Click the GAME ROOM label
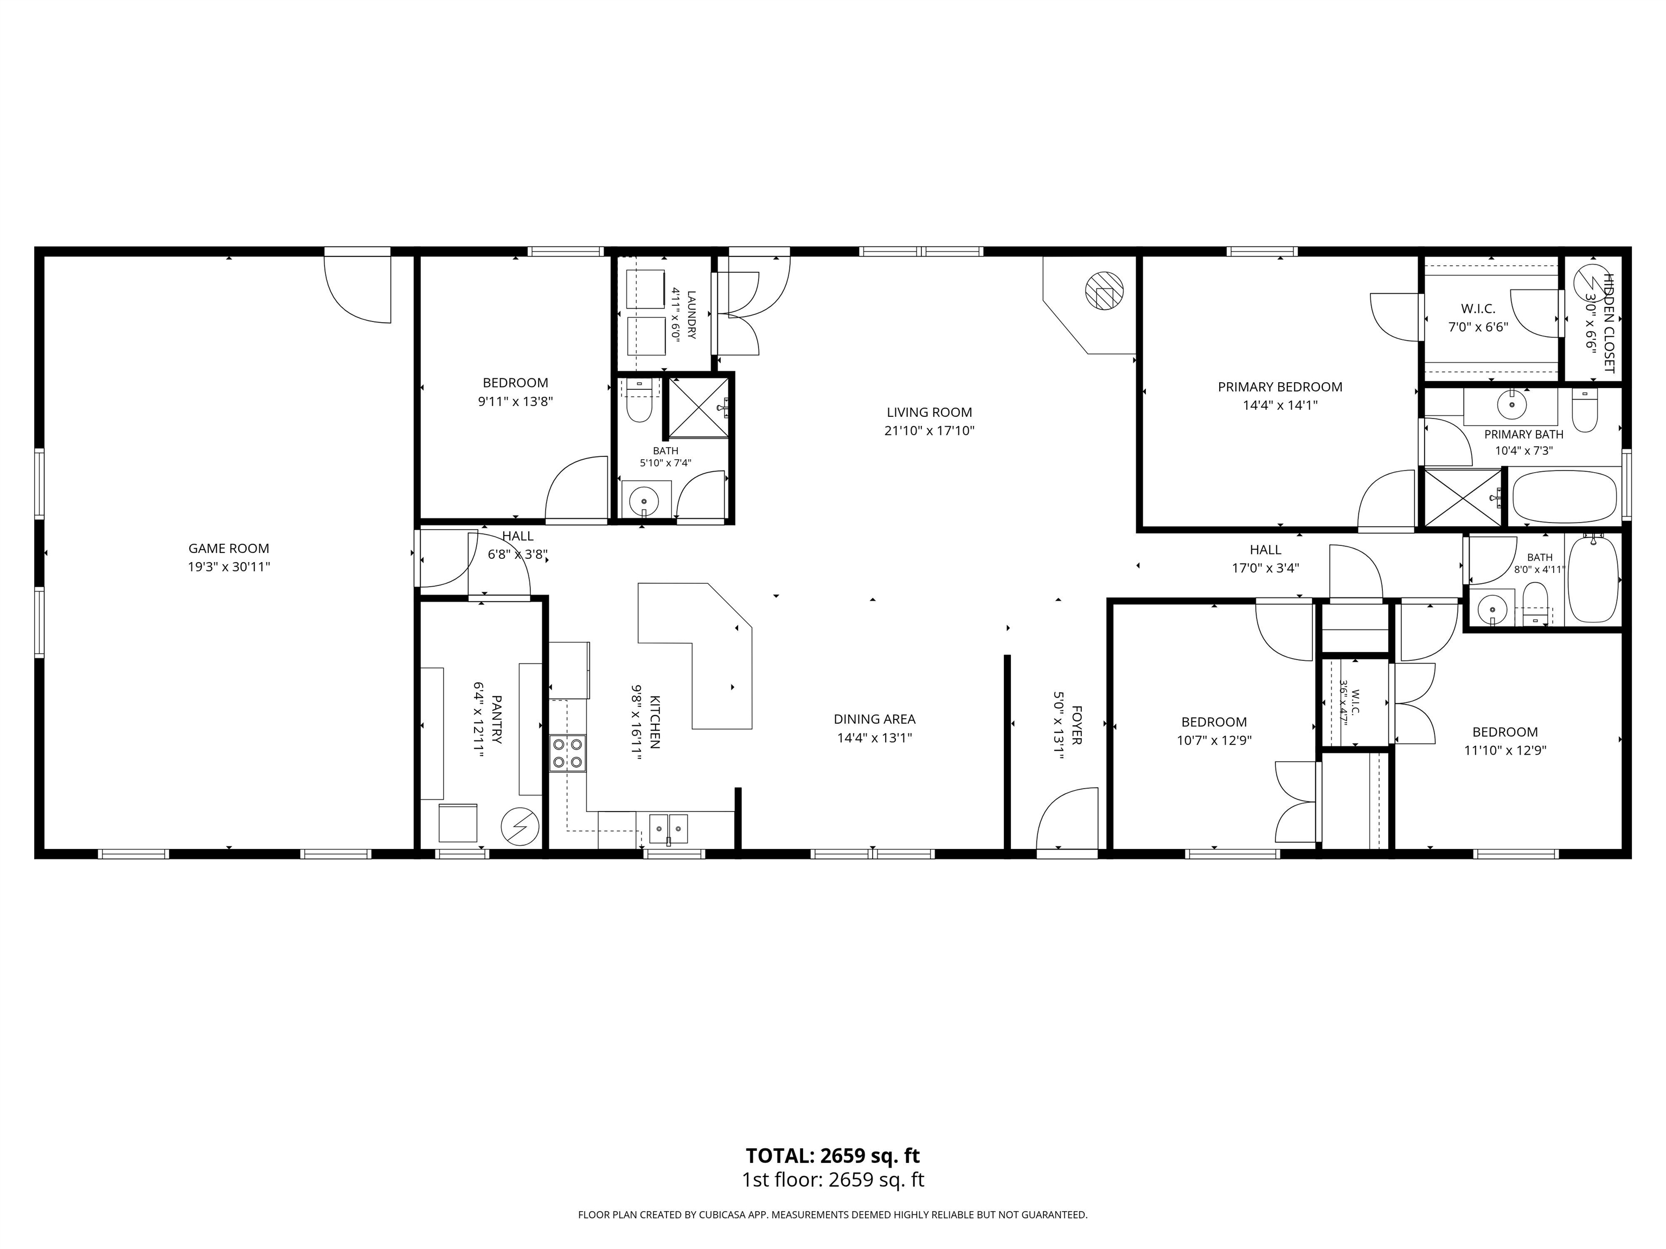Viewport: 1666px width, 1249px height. [x=228, y=549]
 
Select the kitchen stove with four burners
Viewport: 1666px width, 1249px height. [x=567, y=753]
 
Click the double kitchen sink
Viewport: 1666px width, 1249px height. [x=669, y=829]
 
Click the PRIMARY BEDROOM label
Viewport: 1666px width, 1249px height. [x=1280, y=387]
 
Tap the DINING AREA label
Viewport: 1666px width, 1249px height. [x=874, y=719]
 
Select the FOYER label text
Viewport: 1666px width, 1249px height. [x=1077, y=725]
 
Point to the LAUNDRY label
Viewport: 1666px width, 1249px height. [x=691, y=315]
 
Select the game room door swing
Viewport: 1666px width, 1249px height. [x=357, y=289]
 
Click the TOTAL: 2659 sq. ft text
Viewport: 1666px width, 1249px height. [x=833, y=1156]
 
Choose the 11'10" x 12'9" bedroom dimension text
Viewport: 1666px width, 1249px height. [x=1505, y=751]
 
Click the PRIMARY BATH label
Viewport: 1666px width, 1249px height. [x=1524, y=434]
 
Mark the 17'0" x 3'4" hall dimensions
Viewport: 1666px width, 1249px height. [x=1265, y=569]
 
